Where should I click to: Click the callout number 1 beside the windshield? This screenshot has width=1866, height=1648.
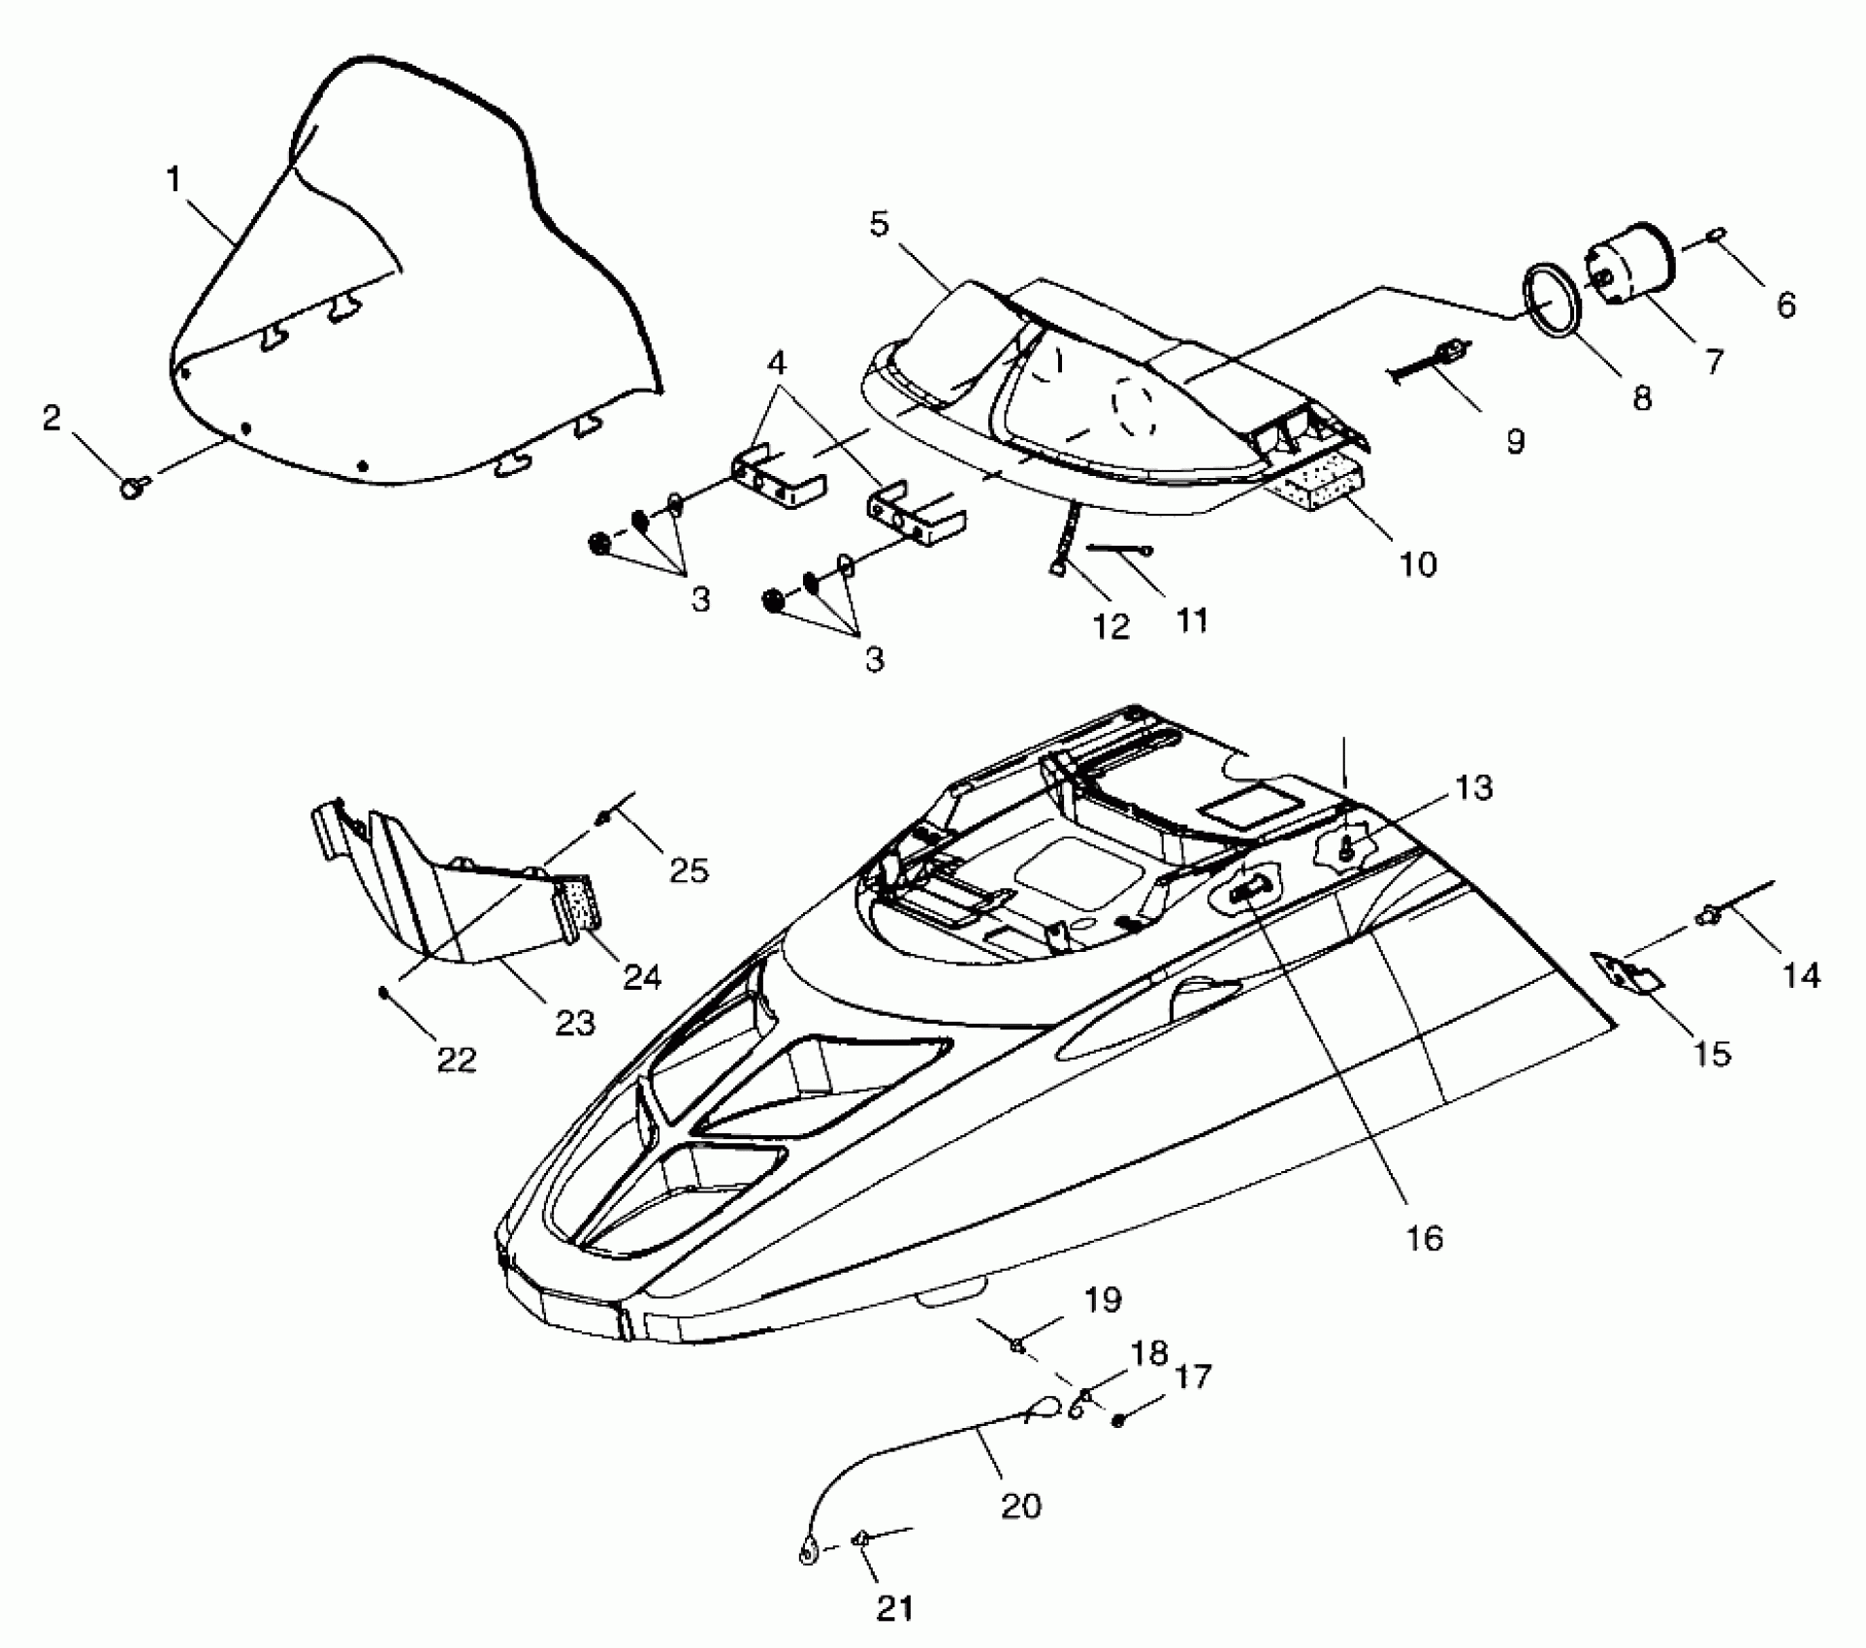tap(174, 180)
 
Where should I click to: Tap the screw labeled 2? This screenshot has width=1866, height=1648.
tap(133, 486)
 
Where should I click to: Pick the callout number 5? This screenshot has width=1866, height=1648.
tap(878, 225)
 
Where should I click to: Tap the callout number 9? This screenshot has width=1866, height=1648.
tap(1515, 441)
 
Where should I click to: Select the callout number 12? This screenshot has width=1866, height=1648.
tap(1111, 627)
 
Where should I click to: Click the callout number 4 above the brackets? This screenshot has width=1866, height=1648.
tap(776, 364)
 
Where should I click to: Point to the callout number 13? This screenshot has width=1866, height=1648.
tap(1474, 787)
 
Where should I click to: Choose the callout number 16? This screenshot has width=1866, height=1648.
tap(1424, 1238)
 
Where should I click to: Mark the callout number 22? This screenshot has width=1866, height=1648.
tap(457, 1060)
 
